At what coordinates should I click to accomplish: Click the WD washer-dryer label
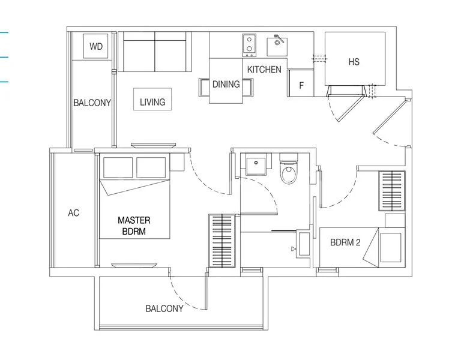95,46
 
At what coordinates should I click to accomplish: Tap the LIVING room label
152,102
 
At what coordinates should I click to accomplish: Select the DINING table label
226,85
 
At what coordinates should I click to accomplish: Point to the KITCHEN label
264,70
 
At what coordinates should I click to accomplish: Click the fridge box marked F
301,85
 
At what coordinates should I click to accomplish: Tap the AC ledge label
74,213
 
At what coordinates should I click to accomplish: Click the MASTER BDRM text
134,226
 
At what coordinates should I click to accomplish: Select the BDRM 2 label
346,243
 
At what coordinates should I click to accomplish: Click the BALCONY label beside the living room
92,103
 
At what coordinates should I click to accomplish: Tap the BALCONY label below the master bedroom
164,308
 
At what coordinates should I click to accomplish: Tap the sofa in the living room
155,52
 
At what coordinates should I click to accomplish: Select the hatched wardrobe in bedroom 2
393,191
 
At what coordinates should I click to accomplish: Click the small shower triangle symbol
294,248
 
